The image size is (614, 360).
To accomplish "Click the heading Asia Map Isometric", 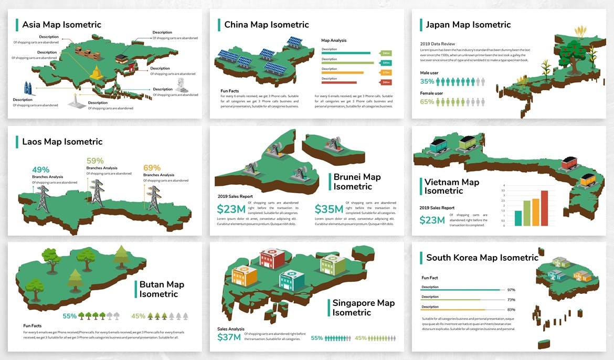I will [x=61, y=25].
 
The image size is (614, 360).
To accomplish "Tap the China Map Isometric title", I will [x=266, y=25].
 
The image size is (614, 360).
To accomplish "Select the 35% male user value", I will [x=427, y=82].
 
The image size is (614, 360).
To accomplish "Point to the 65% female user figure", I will [x=427, y=102].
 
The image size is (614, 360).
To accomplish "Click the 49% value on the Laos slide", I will [x=40, y=170].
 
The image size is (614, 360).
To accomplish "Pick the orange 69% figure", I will [x=152, y=168].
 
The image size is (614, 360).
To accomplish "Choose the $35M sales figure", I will [x=329, y=209].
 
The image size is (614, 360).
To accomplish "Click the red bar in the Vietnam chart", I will [x=544, y=208].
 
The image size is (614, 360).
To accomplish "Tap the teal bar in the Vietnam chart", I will [x=518, y=218].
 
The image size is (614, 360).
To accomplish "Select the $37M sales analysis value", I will [x=229, y=337].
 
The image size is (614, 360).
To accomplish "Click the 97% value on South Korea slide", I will [x=511, y=290].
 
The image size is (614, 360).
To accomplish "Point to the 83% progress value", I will [x=511, y=310].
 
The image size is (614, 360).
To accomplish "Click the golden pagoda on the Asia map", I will [x=97, y=73].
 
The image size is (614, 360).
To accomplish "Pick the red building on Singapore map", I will [x=272, y=258].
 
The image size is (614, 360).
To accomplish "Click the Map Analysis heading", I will [x=334, y=40].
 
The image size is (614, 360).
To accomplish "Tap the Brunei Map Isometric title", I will [x=357, y=182].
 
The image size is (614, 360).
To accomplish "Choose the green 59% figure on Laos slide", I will [x=95, y=161].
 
